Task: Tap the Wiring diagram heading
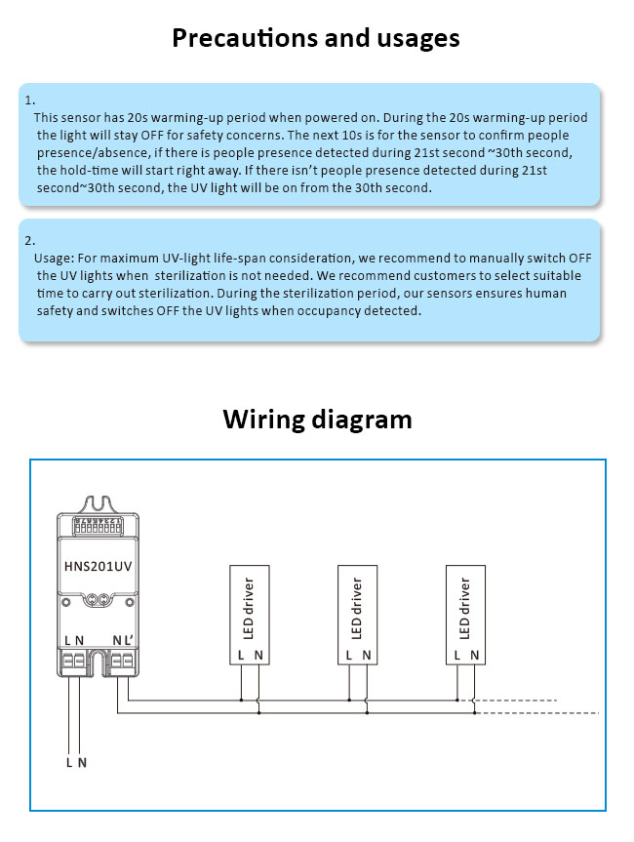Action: tap(317, 419)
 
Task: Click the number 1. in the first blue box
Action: tap(30, 100)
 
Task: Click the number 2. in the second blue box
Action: tap(30, 240)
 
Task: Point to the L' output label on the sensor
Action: tap(127, 640)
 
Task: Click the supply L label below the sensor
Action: tap(69, 762)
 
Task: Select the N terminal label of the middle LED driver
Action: tap(366, 657)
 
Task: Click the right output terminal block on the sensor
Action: tap(121, 662)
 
